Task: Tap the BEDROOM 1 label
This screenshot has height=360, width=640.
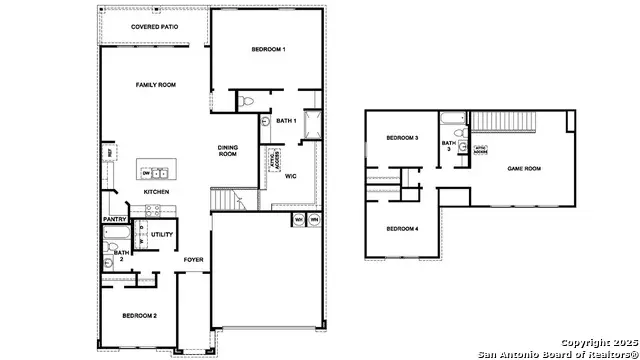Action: [x=268, y=49]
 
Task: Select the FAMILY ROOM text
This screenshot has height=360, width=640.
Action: [x=155, y=85]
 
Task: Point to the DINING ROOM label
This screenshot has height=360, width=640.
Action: [x=228, y=151]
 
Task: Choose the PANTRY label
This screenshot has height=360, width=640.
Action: [x=113, y=219]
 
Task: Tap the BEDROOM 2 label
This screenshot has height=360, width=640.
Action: [x=139, y=315]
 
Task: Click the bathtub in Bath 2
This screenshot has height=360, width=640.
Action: [x=113, y=237]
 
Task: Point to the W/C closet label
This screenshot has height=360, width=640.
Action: [x=290, y=176]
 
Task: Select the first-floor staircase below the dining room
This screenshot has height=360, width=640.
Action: [x=228, y=201]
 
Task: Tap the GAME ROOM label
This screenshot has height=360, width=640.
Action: [x=524, y=169]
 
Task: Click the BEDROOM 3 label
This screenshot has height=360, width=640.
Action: [x=402, y=138]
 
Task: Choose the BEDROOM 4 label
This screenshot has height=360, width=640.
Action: [x=402, y=229]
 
